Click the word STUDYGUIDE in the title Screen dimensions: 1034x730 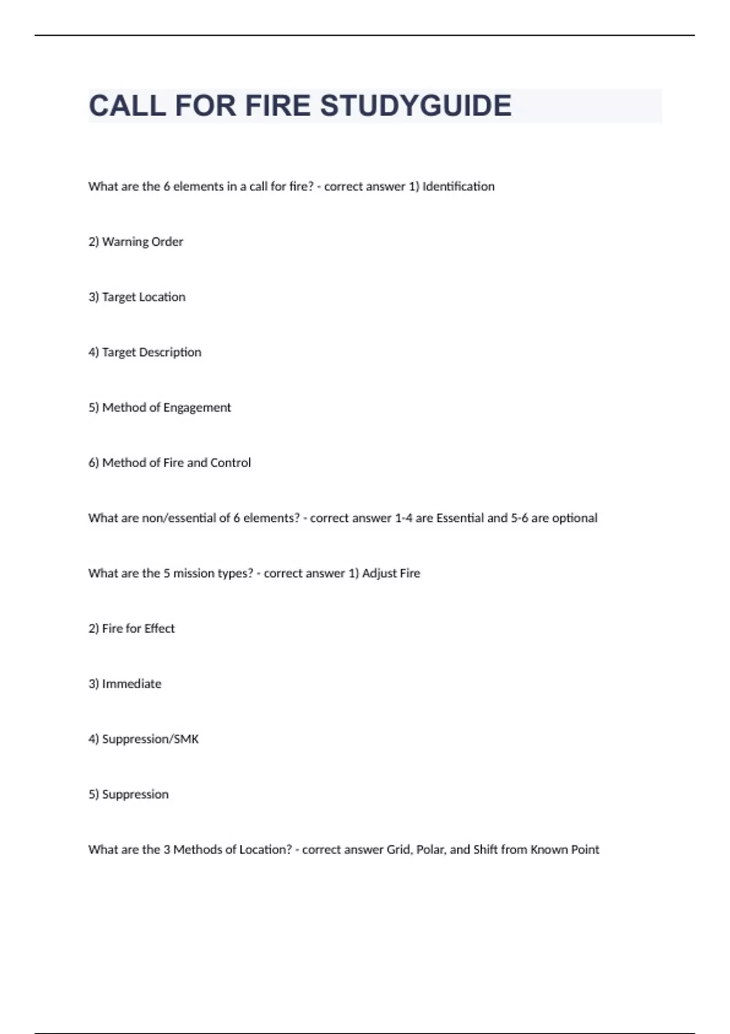(415, 106)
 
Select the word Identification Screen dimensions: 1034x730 (458, 187)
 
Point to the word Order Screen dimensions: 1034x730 (167, 242)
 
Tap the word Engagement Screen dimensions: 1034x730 (197, 408)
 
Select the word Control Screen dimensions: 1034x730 (231, 463)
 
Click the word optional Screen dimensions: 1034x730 (574, 518)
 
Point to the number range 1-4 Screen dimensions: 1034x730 (404, 518)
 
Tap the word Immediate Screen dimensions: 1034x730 (131, 684)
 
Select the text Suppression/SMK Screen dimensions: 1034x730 (150, 740)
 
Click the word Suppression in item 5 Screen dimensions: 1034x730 (135, 795)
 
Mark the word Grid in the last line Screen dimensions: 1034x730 (399, 850)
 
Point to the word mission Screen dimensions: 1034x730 (194, 574)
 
